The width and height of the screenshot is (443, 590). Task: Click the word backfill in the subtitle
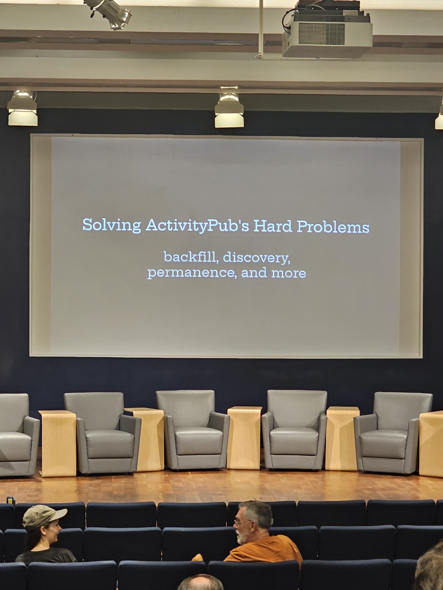coord(191,257)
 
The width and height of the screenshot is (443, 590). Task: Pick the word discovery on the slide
coord(256,258)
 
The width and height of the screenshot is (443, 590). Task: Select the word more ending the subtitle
coord(288,274)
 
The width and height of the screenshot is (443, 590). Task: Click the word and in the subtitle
coord(254,272)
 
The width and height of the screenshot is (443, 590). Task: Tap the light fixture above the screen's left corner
coord(22,108)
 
